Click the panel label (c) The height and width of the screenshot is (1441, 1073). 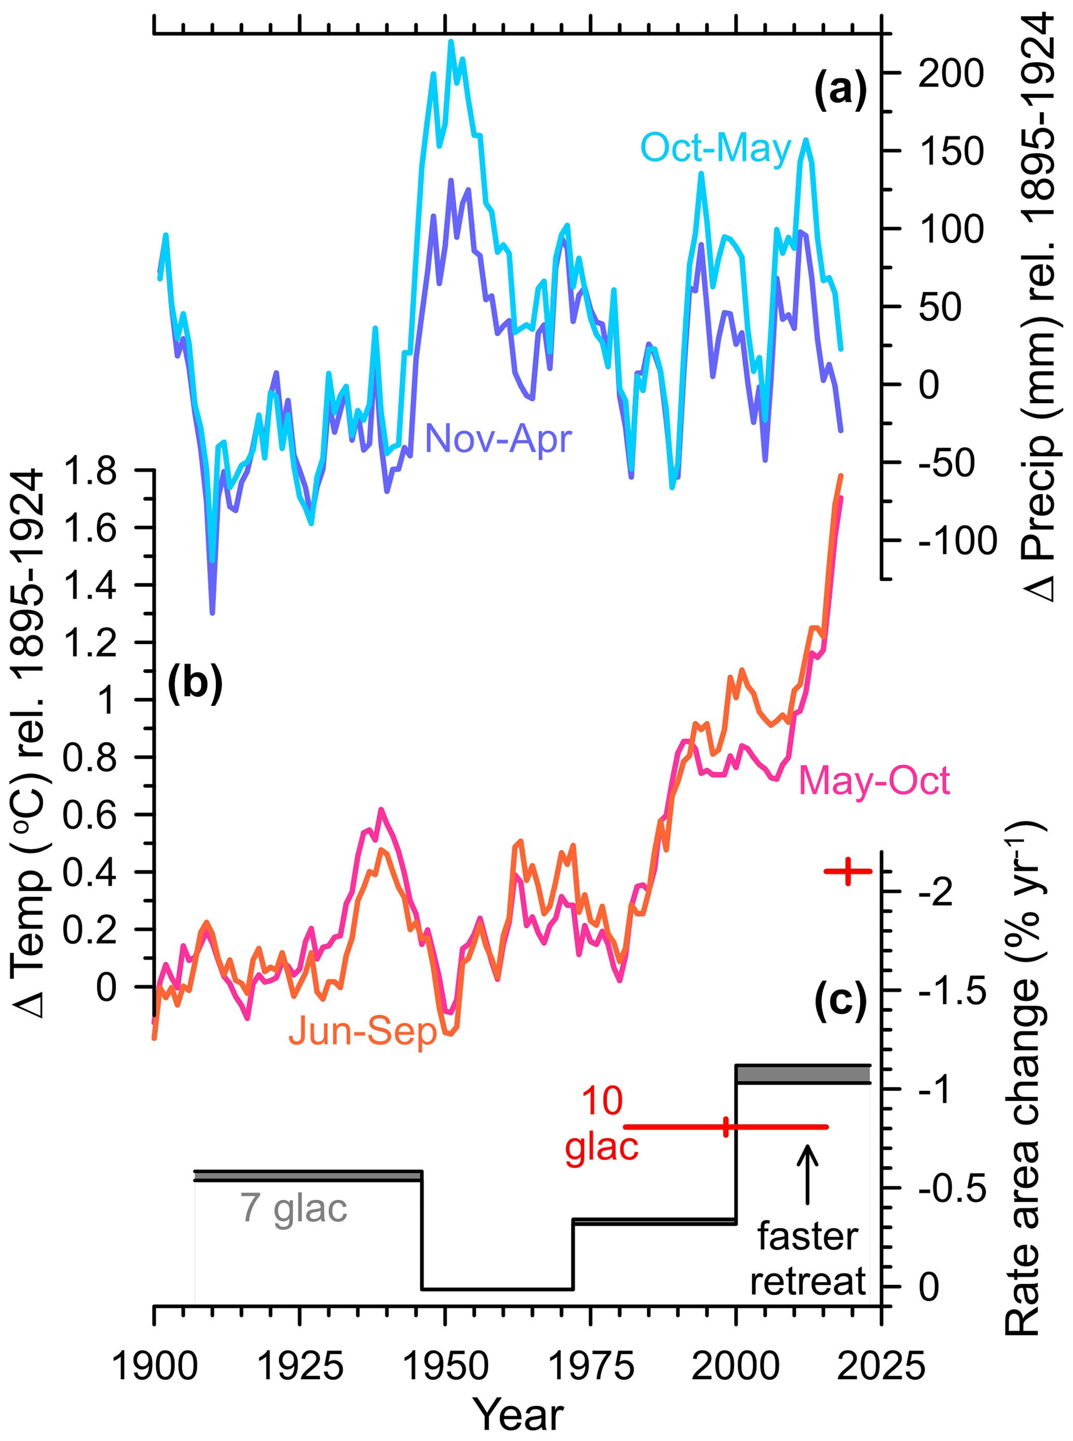[840, 1000]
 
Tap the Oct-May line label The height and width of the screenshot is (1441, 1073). [716, 148]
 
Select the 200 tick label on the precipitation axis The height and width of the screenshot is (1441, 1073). [951, 73]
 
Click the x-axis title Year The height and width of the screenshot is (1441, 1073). [518, 1415]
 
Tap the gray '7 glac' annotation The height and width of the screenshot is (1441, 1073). [294, 1208]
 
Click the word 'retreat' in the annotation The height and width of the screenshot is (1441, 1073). [808, 1281]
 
